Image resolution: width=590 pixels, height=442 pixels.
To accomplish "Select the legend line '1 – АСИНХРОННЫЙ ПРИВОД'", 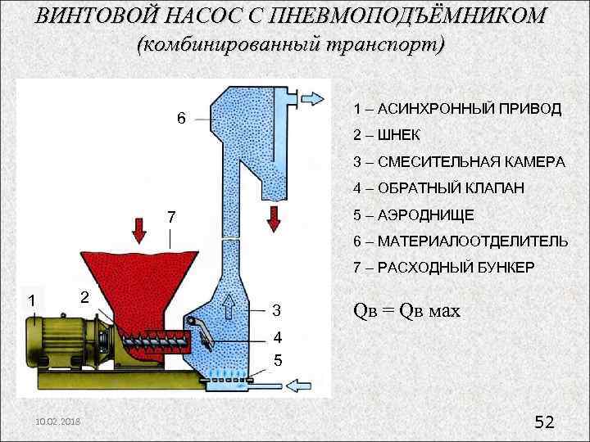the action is coord(457,109).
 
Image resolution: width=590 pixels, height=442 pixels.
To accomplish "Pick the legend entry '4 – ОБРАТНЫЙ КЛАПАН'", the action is coord(438,188).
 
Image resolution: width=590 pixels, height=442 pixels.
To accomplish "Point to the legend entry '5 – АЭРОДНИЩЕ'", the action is coord(413,214).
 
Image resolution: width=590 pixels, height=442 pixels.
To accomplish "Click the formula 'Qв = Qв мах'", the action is coord(406,311).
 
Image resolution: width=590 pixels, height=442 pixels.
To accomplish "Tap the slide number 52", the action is coord(544,422).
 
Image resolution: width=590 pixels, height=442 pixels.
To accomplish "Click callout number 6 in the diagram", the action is coord(182,119).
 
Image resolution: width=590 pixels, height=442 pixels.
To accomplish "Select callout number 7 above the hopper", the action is coord(170,219).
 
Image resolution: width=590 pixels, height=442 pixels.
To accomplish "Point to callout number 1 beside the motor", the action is coord(31,300).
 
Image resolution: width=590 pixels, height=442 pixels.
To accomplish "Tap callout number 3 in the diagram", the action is coord(276,311).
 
